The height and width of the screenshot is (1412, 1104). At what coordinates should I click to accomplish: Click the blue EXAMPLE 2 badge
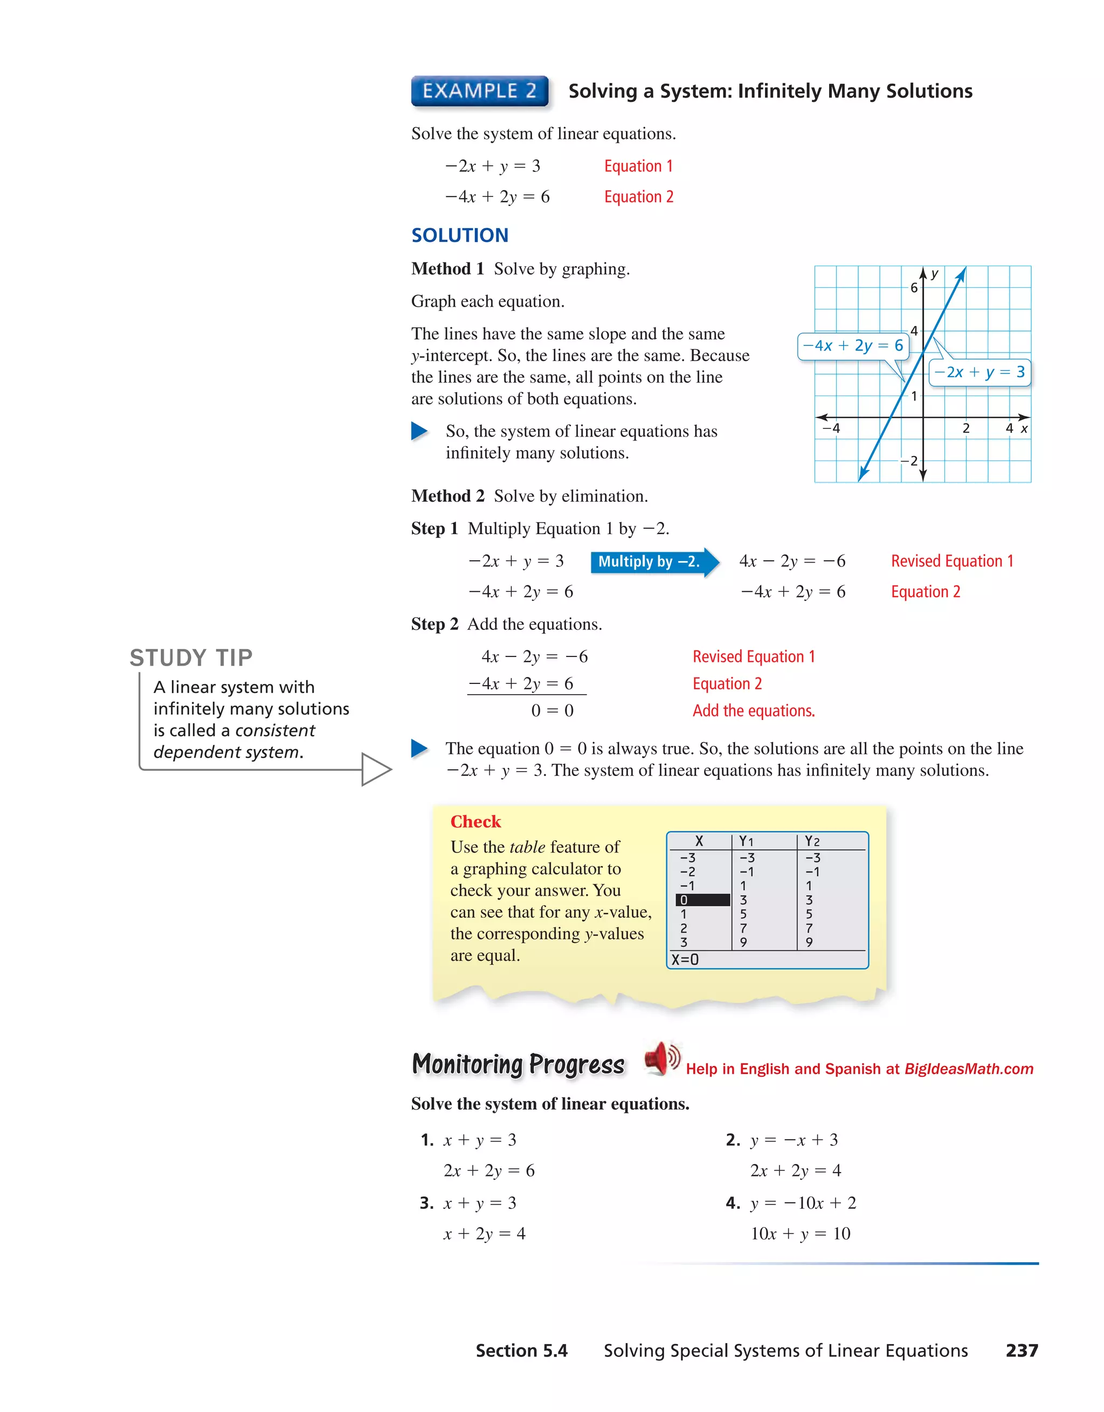[x=479, y=91]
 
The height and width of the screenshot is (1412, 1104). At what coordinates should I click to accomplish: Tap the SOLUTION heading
[x=460, y=236]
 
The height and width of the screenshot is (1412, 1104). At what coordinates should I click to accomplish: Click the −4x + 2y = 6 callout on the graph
[x=852, y=346]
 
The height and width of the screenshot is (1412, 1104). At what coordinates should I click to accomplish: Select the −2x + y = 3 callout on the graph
[x=978, y=372]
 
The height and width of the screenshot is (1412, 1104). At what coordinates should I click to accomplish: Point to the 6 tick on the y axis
[x=913, y=288]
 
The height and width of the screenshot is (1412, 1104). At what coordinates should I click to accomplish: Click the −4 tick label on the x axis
[x=831, y=428]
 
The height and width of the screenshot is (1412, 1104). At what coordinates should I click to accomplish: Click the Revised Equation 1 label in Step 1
[x=951, y=561]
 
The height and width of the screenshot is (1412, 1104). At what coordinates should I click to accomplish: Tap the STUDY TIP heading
[x=191, y=657]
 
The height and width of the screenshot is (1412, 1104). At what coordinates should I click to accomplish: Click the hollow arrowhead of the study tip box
[x=375, y=770]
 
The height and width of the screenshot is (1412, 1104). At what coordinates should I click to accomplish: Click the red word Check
[x=475, y=822]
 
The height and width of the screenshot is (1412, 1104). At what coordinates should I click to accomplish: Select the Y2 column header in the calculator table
[x=812, y=841]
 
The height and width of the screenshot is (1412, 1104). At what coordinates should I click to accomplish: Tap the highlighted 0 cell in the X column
[x=702, y=900]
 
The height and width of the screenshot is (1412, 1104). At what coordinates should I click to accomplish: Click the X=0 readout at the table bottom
[x=685, y=959]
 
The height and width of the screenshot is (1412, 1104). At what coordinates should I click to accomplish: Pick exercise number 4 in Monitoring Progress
[x=732, y=1203]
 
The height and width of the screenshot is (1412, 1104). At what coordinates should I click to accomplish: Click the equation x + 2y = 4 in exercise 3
[x=484, y=1234]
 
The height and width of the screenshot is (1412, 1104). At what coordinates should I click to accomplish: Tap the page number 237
[x=1021, y=1351]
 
